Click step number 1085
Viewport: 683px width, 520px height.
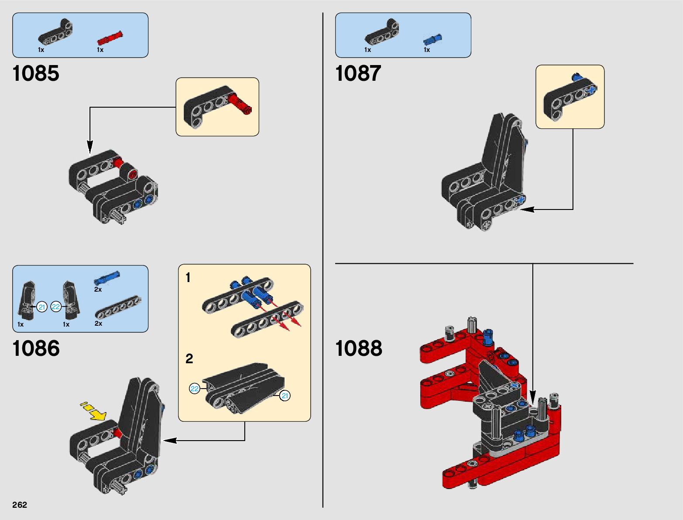pos(36,73)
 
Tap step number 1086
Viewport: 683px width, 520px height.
pos(36,348)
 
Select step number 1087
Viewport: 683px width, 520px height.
pos(358,73)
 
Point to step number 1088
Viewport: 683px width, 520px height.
pos(358,348)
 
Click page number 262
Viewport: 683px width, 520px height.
pos(20,505)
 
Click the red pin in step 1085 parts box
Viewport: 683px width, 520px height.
pos(110,38)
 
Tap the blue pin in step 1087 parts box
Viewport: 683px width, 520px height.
pos(432,40)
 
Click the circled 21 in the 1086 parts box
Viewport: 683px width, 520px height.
pos(42,307)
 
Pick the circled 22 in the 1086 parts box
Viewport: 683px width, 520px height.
pos(56,307)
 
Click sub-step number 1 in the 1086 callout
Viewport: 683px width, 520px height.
pos(188,278)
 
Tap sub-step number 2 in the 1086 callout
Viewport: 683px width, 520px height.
pos(189,359)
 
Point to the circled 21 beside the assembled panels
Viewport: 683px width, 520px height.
pos(285,396)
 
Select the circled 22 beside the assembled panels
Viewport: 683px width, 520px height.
pos(195,389)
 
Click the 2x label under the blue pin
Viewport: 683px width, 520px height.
pos(98,289)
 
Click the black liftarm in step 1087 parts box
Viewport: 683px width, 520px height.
pos(381,33)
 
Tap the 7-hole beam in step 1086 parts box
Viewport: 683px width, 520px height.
pos(118,307)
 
